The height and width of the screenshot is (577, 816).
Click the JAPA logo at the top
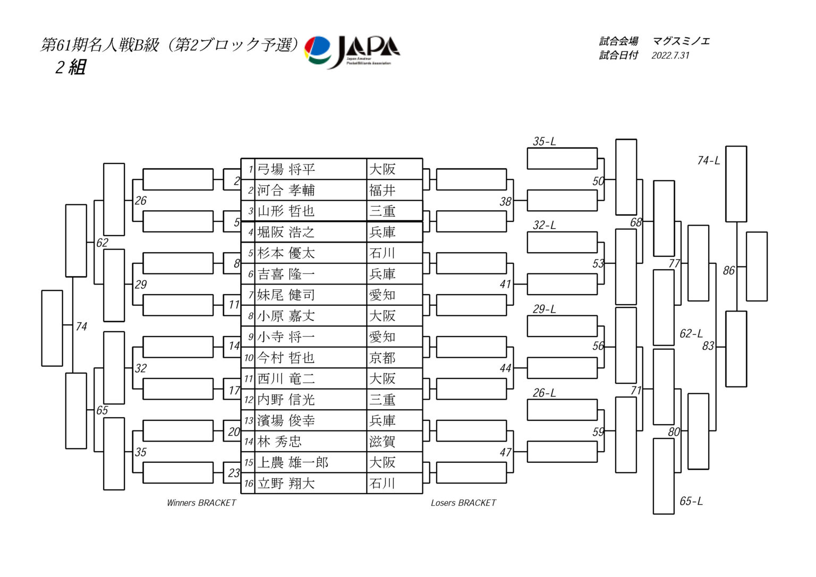[352, 51]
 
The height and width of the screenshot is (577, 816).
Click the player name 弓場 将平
[286, 169]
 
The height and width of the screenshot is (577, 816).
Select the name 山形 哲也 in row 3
[286, 211]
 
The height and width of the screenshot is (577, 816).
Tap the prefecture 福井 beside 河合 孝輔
[382, 190]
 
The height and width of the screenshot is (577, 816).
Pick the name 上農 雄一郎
[293, 462]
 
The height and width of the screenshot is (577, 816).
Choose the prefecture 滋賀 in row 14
[382, 442]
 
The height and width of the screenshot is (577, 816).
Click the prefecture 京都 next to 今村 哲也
[382, 358]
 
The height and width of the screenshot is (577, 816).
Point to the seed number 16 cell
[248, 484]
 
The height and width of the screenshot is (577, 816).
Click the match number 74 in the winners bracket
[81, 326]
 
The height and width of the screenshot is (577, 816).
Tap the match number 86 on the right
[729, 271]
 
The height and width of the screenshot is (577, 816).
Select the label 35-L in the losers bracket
[545, 141]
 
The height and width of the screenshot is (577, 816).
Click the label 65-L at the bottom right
[691, 501]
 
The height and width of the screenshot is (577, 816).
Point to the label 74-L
[709, 160]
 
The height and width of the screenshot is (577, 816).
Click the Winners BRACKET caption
[201, 503]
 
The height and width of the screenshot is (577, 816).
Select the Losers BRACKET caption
[463, 503]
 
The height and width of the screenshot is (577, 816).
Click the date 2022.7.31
[670, 55]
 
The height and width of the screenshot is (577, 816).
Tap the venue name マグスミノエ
[681, 41]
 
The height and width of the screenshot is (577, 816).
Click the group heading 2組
[70, 67]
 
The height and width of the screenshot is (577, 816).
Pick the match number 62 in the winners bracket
[102, 243]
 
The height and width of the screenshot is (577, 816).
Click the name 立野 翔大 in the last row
[286, 484]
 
